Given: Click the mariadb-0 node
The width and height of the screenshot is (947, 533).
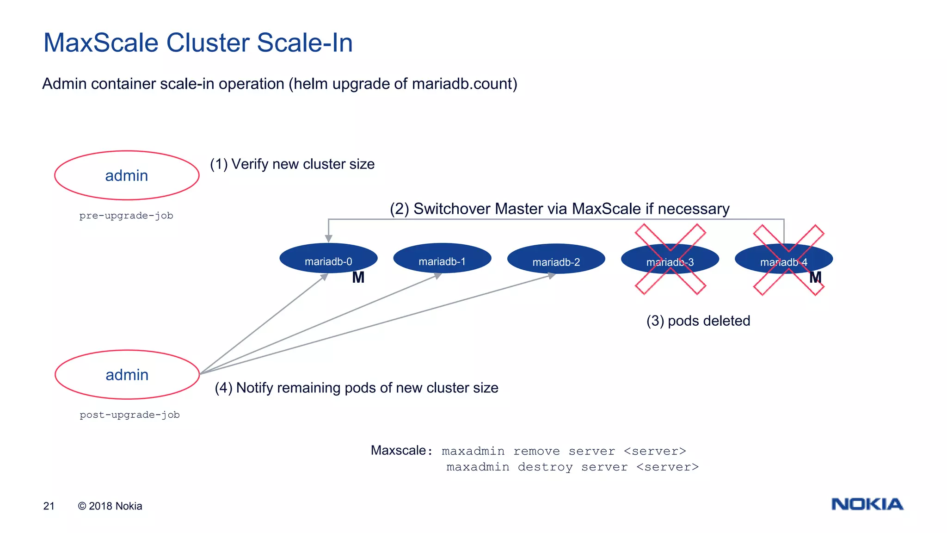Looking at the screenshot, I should click(328, 258).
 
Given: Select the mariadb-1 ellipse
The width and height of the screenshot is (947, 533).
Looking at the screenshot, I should click(442, 258).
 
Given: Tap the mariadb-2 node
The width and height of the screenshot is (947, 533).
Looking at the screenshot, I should click(556, 259).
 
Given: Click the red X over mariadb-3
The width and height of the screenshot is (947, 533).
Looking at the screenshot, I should click(670, 260).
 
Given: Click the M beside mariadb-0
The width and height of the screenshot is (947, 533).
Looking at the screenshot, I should click(358, 278).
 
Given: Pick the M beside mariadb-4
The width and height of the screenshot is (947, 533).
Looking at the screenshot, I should click(815, 278).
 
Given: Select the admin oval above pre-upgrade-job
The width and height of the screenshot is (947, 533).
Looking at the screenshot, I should click(127, 175).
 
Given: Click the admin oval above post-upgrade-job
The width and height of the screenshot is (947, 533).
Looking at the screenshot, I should click(127, 374).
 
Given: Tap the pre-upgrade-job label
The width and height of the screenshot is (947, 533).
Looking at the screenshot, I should click(126, 216).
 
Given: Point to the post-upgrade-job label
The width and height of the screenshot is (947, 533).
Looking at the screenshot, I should click(129, 415).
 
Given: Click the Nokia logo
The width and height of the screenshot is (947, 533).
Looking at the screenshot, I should click(867, 504).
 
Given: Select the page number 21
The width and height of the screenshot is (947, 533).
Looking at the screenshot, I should click(49, 506).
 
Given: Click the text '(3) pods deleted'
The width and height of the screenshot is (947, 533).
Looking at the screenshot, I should click(698, 321).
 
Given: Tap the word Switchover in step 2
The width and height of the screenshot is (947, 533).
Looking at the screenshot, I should click(452, 209).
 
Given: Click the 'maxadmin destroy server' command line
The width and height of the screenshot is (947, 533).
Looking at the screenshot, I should click(572, 467).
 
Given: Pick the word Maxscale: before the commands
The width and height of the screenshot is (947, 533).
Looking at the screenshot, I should click(401, 450).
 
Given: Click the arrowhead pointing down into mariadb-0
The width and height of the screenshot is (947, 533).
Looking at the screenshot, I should click(328, 238).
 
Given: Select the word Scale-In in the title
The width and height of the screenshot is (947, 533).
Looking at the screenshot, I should click(305, 43).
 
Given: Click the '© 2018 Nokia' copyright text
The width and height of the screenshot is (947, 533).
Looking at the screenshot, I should click(110, 506).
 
